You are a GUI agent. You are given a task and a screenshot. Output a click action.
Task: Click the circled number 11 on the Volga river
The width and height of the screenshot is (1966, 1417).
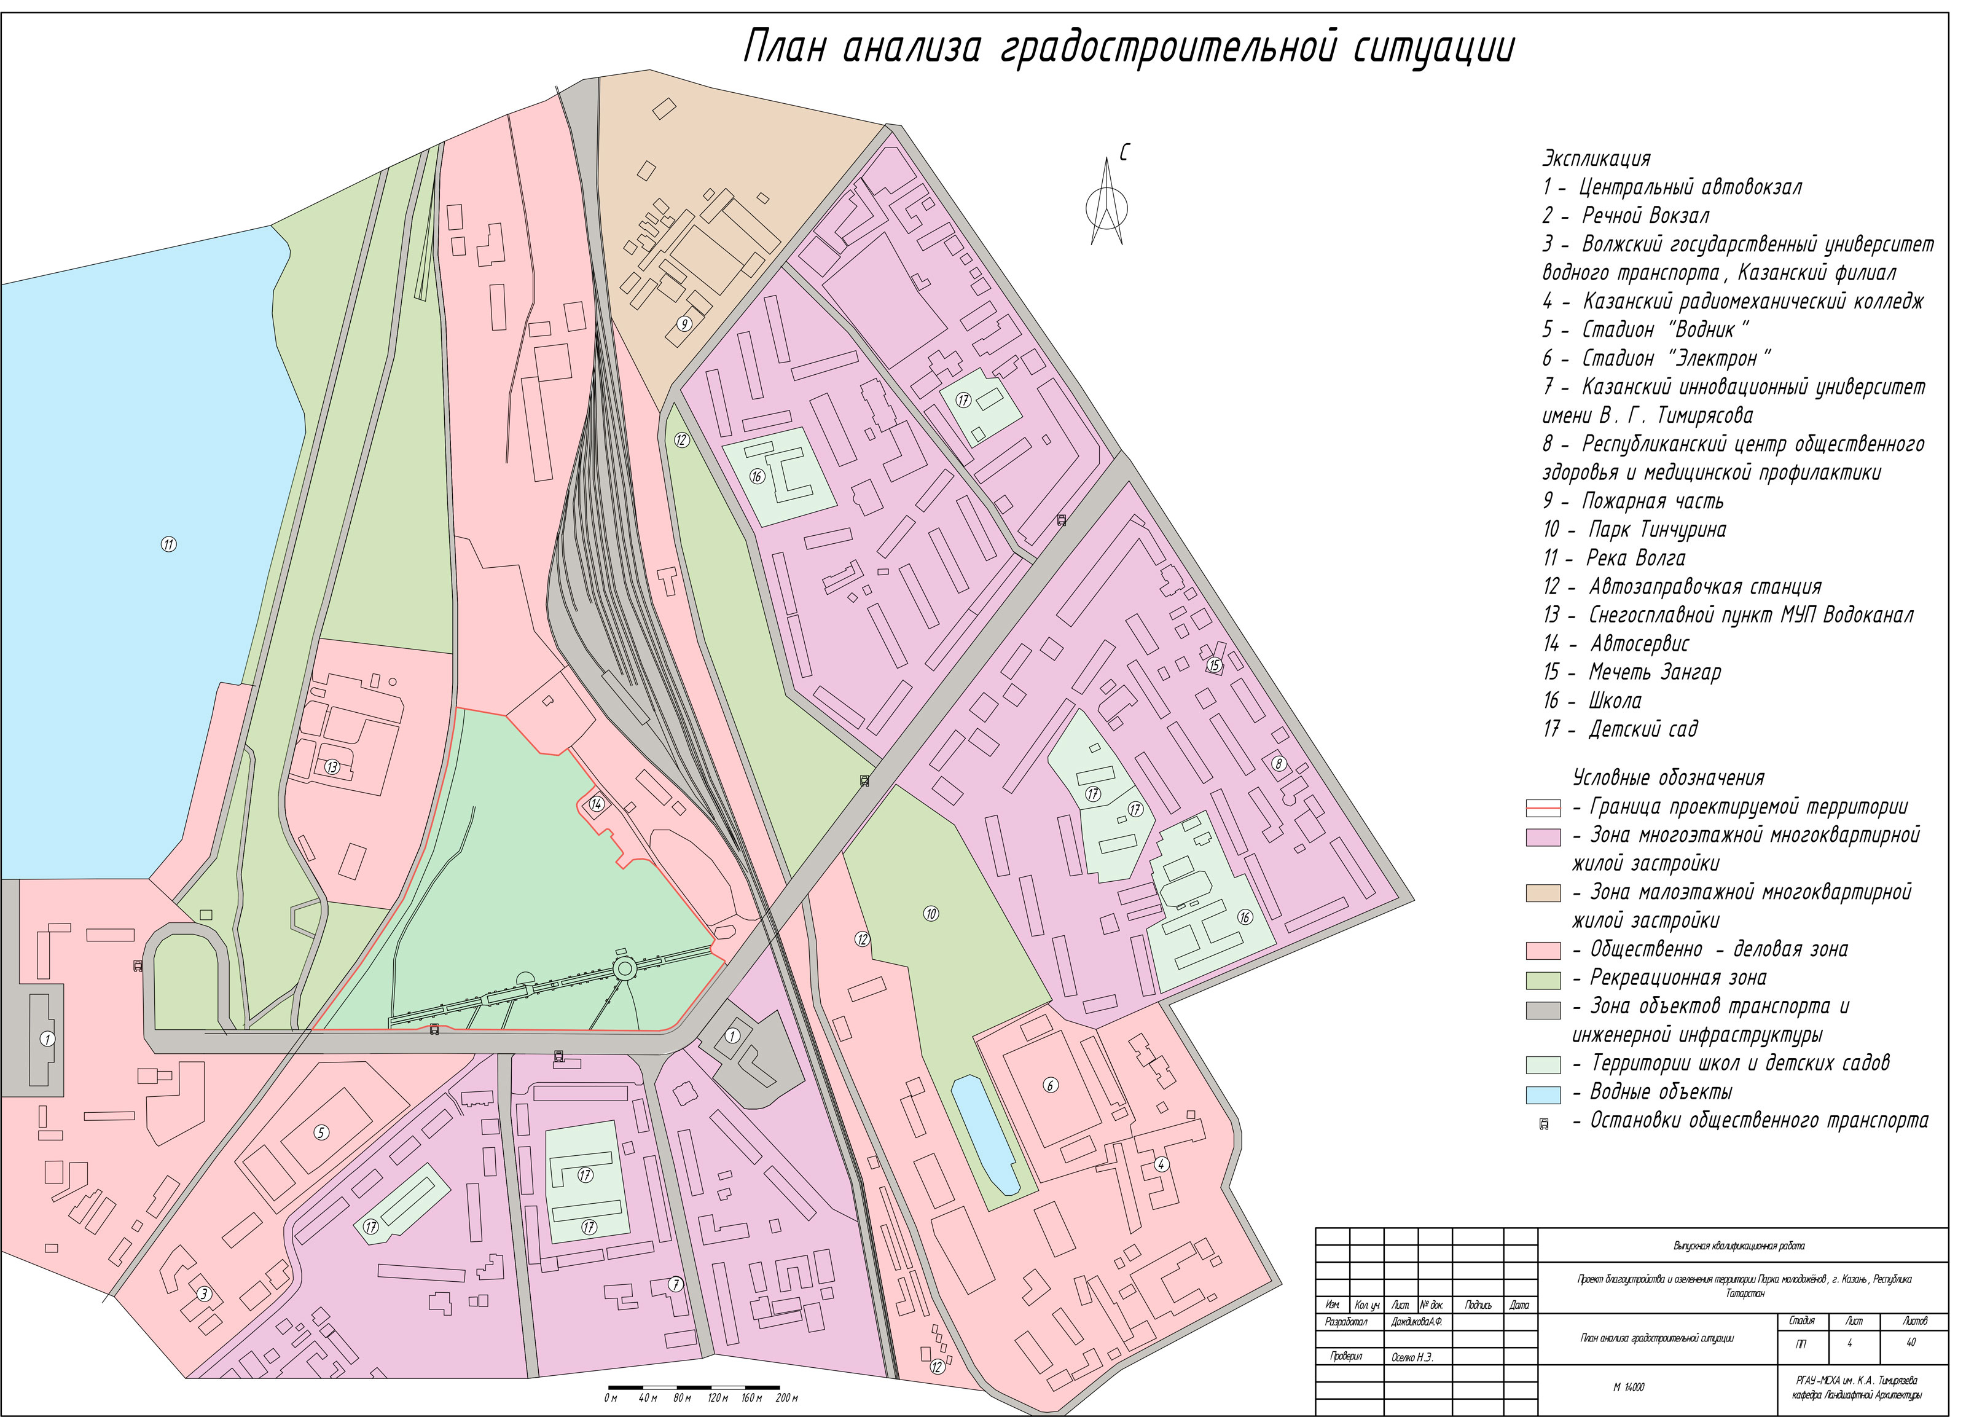(169, 544)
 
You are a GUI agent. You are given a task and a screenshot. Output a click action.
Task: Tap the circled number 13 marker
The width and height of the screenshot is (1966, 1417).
(332, 767)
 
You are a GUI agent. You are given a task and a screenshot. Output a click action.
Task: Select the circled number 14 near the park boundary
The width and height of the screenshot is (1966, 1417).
(597, 804)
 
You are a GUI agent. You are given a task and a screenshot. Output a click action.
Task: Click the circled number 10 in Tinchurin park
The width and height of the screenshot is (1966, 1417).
(931, 913)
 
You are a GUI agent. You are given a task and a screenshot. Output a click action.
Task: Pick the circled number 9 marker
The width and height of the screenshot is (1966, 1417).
(684, 324)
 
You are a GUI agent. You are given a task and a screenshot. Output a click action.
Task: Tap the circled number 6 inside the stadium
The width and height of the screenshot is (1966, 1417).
(1051, 1085)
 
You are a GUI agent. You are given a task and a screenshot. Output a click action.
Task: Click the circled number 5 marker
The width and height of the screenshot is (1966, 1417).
(321, 1132)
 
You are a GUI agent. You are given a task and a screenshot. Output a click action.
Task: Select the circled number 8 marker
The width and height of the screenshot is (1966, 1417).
(1278, 764)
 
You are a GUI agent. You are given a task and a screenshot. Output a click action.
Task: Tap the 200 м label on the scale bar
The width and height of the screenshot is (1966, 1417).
(786, 1398)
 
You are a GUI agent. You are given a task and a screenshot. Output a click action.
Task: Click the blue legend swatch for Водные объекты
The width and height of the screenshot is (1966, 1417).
(1543, 1094)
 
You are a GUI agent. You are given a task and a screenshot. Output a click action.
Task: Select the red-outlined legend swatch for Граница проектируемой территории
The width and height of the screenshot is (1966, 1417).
(1543, 808)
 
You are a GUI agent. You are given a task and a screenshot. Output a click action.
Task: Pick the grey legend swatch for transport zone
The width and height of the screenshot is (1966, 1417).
(1543, 1010)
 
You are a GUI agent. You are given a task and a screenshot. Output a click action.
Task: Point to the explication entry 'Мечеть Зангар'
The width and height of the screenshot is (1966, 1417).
(1654, 672)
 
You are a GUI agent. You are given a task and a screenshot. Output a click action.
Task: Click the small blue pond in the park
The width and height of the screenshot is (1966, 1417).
(985, 1134)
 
